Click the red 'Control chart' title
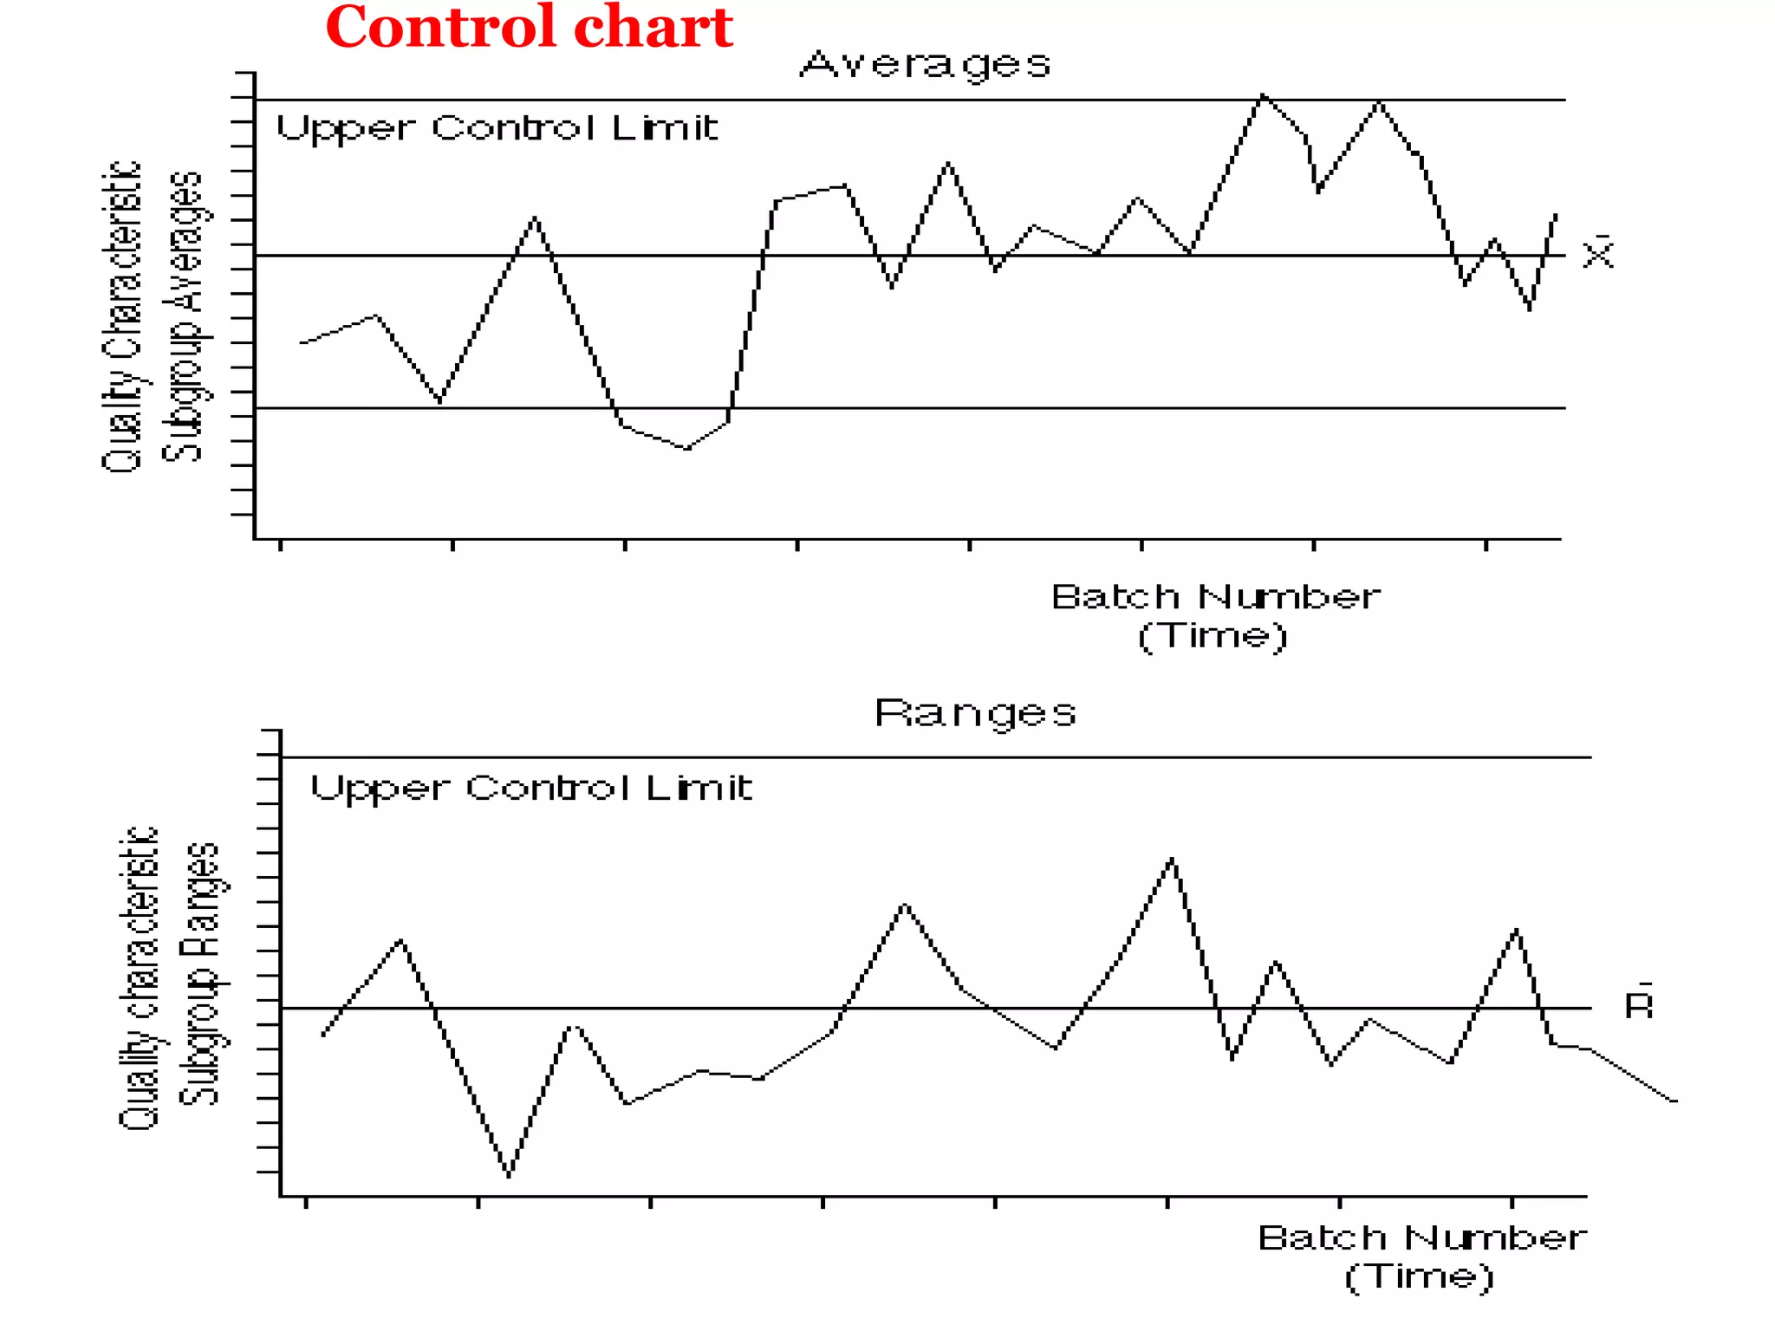[x=529, y=28]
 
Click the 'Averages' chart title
[x=925, y=65]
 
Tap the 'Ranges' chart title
[x=975, y=714]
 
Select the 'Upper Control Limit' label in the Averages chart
[x=497, y=129]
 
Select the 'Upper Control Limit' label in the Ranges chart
[x=531, y=789]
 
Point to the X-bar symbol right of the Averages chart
[x=1598, y=253]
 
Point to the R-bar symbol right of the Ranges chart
[x=1638, y=1003]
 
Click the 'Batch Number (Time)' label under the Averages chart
[x=1214, y=616]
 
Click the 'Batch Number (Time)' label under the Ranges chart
[x=1421, y=1256]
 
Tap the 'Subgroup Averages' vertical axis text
[x=183, y=316]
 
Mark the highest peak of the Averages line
[x=1263, y=94]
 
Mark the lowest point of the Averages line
[x=687, y=449]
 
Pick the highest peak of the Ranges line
[x=1172, y=859]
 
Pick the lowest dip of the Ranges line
[x=509, y=1176]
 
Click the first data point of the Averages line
[x=302, y=343]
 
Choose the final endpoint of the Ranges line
[x=1675, y=1101]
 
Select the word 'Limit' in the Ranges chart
[x=699, y=788]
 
